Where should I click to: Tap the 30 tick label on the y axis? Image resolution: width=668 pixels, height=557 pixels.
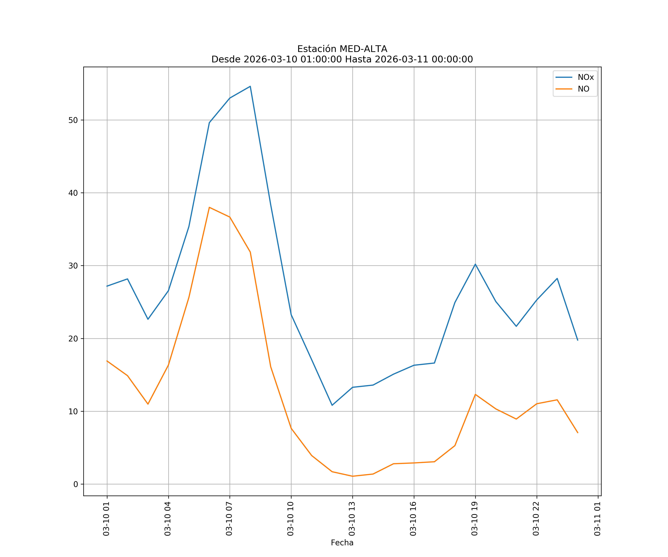pyautogui.click(x=73, y=266)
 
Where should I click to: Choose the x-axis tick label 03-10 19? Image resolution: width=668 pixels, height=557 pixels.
pyautogui.click(x=475, y=519)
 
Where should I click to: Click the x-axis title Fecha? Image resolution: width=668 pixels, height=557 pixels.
pyautogui.click(x=342, y=543)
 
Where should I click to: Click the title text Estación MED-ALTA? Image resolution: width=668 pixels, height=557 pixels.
pyautogui.click(x=342, y=49)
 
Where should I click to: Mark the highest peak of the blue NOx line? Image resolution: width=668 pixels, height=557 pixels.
pyautogui.click(x=250, y=86)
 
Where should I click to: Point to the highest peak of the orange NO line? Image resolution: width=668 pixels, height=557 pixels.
pyautogui.click(x=209, y=207)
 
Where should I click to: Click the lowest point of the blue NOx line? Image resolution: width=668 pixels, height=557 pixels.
pyautogui.click(x=332, y=405)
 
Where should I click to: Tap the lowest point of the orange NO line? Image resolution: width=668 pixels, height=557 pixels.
pyautogui.click(x=352, y=476)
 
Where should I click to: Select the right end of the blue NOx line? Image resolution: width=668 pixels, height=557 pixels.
pyautogui.click(x=578, y=340)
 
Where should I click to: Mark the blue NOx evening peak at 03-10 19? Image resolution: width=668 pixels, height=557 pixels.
pyautogui.click(x=475, y=264)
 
